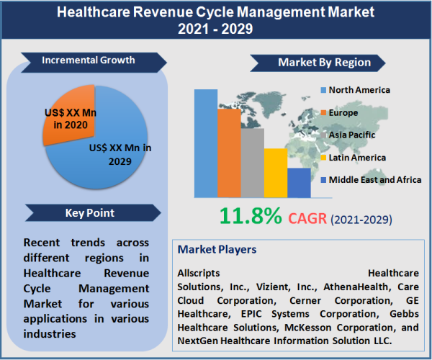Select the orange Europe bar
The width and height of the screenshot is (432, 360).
[x=228, y=152]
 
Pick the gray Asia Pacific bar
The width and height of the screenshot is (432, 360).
[x=252, y=162]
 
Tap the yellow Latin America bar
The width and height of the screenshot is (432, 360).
[x=275, y=172]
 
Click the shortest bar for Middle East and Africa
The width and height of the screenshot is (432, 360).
[x=298, y=182]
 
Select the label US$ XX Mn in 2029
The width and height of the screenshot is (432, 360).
[x=120, y=154]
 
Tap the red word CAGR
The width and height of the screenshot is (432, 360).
[x=307, y=217]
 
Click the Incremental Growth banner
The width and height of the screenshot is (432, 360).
[x=87, y=60]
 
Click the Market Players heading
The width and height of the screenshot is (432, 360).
[x=216, y=250]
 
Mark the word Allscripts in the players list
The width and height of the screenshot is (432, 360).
[x=201, y=274]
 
